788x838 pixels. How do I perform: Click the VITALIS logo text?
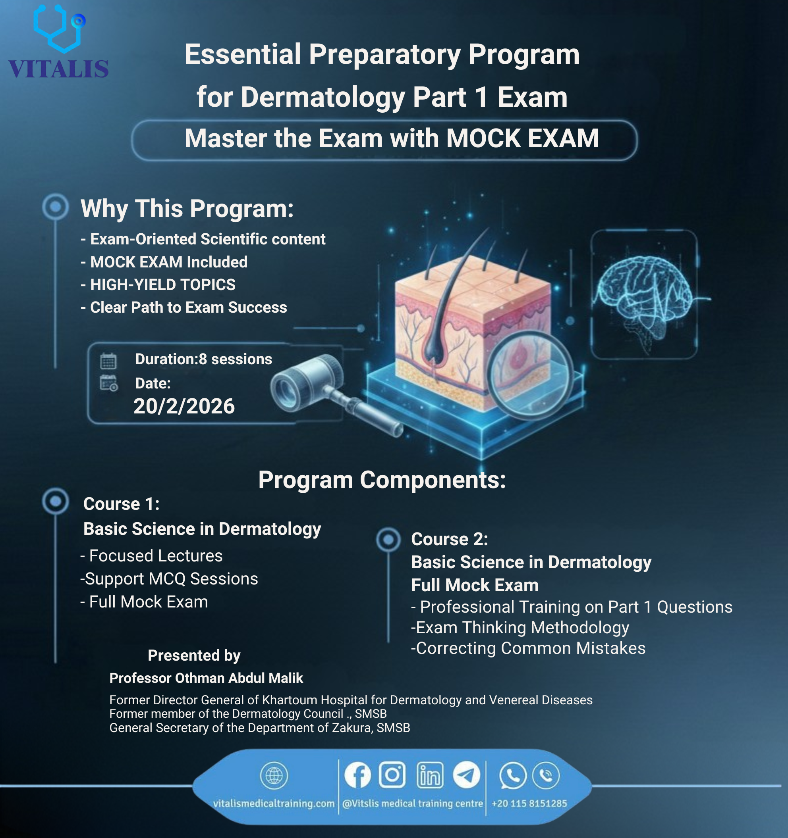[59, 69]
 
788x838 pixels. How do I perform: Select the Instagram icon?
[392, 775]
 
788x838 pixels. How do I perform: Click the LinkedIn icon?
[430, 775]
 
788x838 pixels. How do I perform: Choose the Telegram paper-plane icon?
[467, 775]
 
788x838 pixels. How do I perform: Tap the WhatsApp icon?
[512, 775]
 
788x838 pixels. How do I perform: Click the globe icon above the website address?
[274, 775]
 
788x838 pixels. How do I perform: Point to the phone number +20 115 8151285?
[529, 803]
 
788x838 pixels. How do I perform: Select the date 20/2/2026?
[184, 406]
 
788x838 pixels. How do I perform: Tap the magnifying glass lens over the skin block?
[530, 373]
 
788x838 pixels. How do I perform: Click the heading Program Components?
[382, 480]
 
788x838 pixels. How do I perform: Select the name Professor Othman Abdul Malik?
[206, 678]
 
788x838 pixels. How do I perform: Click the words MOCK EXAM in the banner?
[522, 138]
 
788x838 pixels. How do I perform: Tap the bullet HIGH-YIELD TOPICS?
[163, 285]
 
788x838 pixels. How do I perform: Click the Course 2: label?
[450, 539]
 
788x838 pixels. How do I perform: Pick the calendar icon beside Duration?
[108, 361]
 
